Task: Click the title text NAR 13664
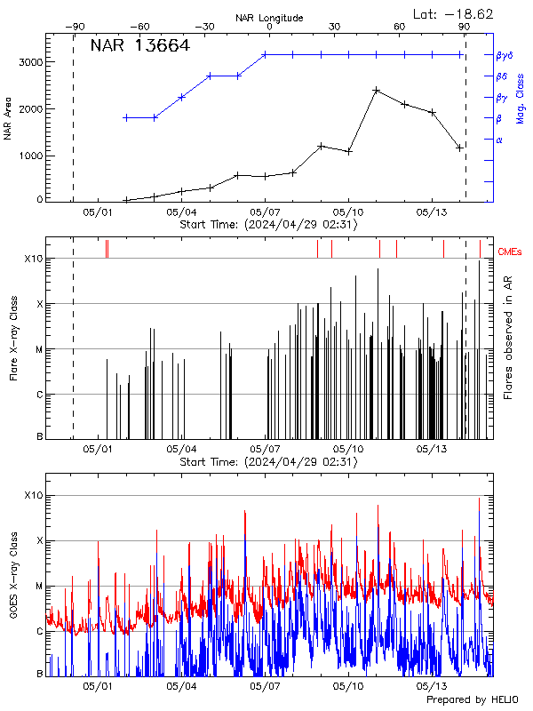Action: [x=139, y=46]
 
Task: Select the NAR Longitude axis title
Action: [x=269, y=17]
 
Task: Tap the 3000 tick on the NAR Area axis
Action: [x=30, y=62]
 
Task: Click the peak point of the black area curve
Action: [x=377, y=90]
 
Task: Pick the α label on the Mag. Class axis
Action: [x=498, y=140]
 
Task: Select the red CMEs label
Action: [x=511, y=252]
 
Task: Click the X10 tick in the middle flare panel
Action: [x=34, y=259]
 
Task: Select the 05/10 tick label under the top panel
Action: [x=348, y=212]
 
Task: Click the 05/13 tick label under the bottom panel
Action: [x=432, y=686]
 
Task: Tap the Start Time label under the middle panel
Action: [x=268, y=462]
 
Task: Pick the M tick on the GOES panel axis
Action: [x=38, y=587]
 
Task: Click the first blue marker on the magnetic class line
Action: [x=126, y=117]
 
